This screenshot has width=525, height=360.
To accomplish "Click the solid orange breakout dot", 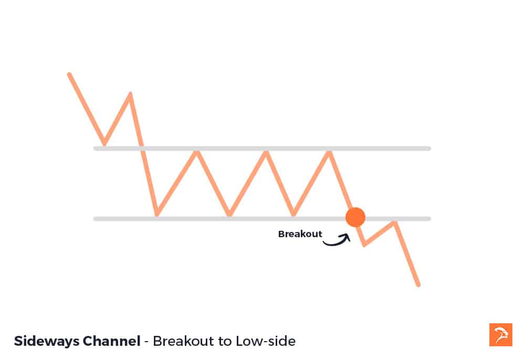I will click(x=355, y=217).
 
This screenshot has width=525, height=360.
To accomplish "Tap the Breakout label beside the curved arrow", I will click(x=300, y=234).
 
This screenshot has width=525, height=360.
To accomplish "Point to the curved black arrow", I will click(x=337, y=240).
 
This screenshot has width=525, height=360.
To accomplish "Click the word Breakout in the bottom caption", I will click(x=181, y=341).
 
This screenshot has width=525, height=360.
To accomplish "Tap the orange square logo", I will click(x=500, y=335).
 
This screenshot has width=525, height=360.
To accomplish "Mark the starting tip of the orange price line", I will click(x=69, y=75).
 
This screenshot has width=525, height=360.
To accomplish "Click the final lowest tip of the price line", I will click(x=418, y=285).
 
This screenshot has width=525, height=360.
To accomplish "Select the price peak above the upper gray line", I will click(x=130, y=94).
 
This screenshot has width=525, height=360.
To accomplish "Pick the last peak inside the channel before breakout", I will click(x=329, y=152).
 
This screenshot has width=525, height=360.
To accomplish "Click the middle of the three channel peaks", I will click(x=266, y=152).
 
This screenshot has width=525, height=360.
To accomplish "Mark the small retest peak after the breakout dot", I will click(x=394, y=223).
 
